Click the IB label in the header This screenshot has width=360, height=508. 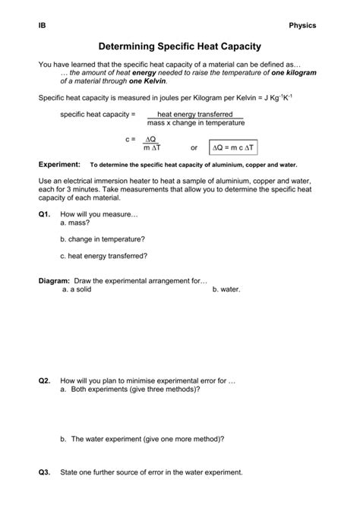pyautogui.click(x=42, y=25)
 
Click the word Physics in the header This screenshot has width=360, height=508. pyautogui.click(x=302, y=25)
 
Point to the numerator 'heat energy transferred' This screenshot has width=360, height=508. pyautogui.click(x=195, y=114)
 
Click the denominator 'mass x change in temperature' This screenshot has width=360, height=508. pyautogui.click(x=196, y=122)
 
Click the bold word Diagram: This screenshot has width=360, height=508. pyautogui.click(x=54, y=280)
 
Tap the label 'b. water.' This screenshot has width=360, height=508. pyautogui.click(x=227, y=289)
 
